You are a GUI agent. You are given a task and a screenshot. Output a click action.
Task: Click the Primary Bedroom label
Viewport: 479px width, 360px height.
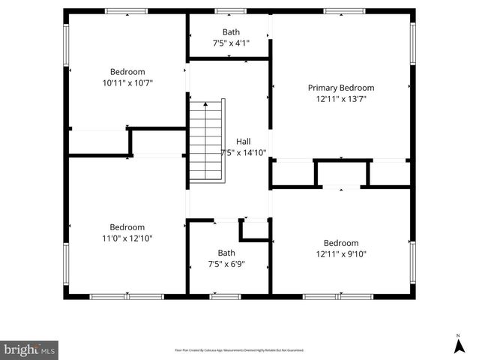click(341, 88)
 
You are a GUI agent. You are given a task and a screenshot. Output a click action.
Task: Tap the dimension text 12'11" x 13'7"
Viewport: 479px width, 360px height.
click(341, 99)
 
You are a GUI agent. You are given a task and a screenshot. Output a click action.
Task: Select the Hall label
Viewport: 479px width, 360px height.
click(244, 141)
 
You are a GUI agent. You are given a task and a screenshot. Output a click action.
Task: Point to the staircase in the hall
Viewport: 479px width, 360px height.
click(206, 140)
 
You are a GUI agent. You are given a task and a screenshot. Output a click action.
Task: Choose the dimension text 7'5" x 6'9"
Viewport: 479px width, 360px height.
click(226, 264)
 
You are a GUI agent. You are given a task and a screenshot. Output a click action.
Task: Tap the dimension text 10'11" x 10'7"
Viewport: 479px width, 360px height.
click(127, 83)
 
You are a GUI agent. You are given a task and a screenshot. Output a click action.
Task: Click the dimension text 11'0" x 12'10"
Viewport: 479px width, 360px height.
click(127, 238)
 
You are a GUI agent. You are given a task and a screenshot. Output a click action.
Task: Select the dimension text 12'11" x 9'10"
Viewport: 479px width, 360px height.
click(341, 254)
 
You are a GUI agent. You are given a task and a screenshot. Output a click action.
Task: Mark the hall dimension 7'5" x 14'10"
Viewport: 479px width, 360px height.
click(244, 152)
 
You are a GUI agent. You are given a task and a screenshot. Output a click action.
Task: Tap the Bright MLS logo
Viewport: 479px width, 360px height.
click(29, 349)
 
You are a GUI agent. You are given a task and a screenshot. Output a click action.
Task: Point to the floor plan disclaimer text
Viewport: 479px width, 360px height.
click(239, 350)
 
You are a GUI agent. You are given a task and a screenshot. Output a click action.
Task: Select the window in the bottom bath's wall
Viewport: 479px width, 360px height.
click(225, 296)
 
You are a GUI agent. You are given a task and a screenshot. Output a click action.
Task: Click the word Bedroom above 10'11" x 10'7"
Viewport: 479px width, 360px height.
click(127, 72)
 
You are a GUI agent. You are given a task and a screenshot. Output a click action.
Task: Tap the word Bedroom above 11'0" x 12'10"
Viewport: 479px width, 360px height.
click(127, 227)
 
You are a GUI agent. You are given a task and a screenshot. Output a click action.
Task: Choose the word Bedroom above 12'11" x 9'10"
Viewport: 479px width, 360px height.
click(341, 243)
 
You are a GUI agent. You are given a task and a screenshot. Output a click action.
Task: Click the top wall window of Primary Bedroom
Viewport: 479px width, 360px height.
click(344, 11)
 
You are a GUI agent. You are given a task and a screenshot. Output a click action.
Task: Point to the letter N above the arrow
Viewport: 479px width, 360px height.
click(458, 335)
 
